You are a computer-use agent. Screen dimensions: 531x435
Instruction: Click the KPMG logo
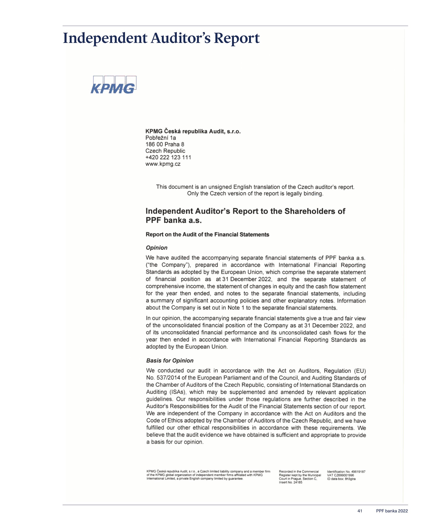coord(113,85)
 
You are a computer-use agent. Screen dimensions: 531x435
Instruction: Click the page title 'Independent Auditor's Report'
coord(161,38)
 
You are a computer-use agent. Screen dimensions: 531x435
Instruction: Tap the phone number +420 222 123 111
coord(168,157)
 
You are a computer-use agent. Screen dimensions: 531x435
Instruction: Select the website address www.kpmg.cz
coord(163,164)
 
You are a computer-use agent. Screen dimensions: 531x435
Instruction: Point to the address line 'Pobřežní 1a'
coord(161,138)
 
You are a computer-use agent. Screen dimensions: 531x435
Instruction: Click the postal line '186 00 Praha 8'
coord(165,144)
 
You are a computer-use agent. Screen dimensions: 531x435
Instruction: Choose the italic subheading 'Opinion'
coord(157,248)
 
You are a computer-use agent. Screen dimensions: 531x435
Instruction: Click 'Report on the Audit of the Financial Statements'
coord(207,235)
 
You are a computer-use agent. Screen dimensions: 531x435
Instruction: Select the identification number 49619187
coord(358,472)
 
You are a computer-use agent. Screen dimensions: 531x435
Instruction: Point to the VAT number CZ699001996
coord(344,475)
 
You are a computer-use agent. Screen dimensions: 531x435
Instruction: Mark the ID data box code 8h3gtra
coord(350,479)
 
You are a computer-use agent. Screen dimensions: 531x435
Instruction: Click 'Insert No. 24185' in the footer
coord(290,482)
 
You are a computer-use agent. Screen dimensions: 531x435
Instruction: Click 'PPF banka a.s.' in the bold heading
coord(174,220)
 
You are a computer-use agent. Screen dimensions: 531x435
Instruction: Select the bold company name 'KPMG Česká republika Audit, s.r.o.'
coord(193,131)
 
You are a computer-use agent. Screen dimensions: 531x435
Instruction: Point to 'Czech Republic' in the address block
coord(165,151)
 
